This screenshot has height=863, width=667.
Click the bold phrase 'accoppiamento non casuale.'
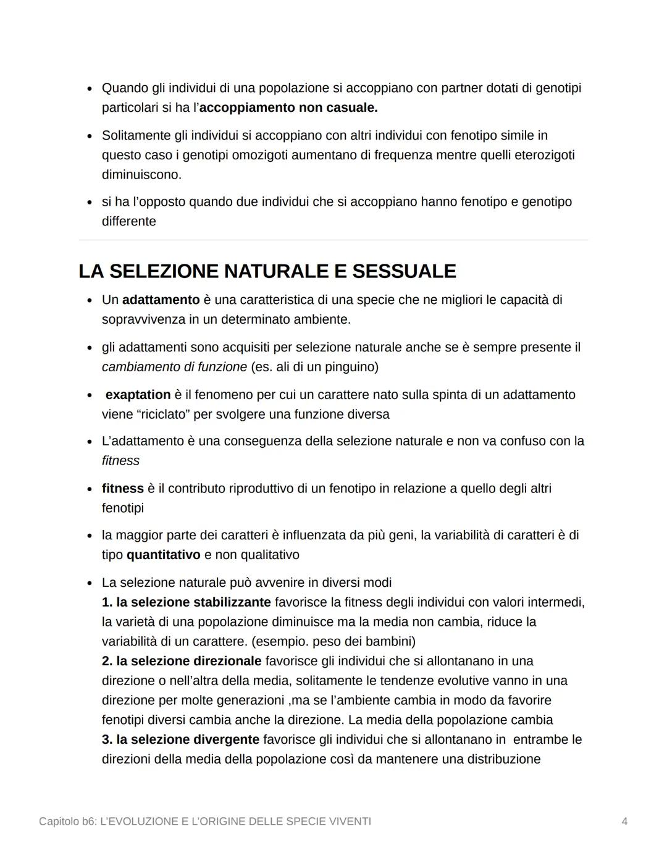click(288, 107)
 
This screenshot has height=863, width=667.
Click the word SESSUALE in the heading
click(404, 271)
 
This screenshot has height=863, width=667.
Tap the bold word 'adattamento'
click(161, 300)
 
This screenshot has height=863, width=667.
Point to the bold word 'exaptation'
click(138, 394)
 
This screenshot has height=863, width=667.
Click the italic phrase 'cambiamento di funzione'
click(174, 367)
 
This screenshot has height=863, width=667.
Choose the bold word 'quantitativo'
click(163, 555)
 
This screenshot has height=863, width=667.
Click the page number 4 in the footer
click(624, 821)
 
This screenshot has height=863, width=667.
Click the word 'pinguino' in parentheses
click(349, 367)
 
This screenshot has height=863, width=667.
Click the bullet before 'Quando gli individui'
click(90, 88)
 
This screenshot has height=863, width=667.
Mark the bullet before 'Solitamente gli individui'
click(90, 135)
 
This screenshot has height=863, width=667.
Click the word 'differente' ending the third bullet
click(129, 221)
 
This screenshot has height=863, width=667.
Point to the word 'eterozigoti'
click(542, 154)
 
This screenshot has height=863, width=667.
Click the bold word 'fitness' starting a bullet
click(122, 488)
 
